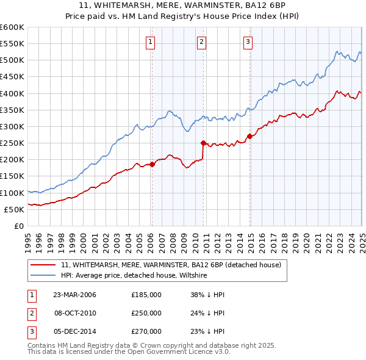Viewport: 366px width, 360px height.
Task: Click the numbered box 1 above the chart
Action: point(150,42)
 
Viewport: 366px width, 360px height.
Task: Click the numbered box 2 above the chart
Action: point(201,42)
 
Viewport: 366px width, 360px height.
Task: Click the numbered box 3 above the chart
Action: point(248,42)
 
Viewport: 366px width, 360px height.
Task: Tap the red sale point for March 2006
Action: point(152,164)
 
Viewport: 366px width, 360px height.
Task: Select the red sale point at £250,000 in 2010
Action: point(203,143)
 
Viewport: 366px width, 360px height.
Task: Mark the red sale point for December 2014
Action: point(249,136)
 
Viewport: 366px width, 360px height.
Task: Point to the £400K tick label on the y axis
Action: point(12,93)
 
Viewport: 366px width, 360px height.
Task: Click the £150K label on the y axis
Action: point(12,176)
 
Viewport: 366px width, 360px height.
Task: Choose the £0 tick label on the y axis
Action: point(18,226)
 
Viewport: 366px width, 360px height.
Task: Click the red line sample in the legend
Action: point(43,265)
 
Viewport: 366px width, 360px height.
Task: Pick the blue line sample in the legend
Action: point(43,276)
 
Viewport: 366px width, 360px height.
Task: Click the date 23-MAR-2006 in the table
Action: point(75,295)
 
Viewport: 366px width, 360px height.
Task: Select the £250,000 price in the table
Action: point(146,313)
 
